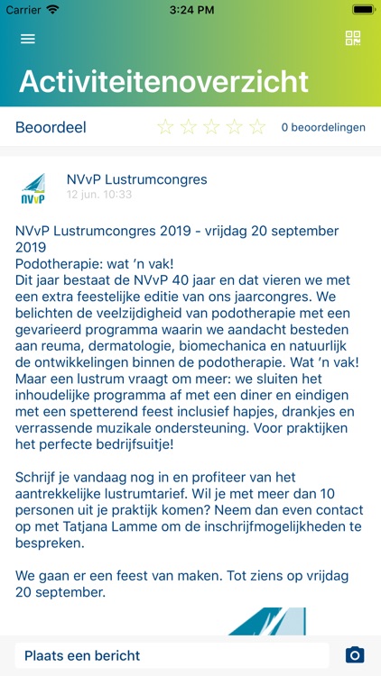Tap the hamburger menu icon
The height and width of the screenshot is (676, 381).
coord(28,39)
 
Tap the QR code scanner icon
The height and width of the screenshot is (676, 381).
coord(353,38)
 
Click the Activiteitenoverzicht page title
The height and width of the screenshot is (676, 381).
coord(163,81)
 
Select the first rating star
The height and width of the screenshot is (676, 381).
coord(165,127)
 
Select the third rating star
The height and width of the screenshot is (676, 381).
coord(211,127)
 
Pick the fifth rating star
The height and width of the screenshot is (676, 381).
coord(257,127)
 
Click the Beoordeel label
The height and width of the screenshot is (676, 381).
coord(51,127)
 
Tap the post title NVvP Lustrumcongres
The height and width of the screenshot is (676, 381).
coord(136,179)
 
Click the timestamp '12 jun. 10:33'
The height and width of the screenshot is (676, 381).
coord(99,195)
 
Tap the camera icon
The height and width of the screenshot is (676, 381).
coord(355,655)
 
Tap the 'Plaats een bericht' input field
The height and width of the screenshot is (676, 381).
coord(172,655)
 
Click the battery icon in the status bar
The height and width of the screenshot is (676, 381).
coord(364,9)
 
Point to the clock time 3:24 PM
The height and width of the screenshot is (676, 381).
coord(190,9)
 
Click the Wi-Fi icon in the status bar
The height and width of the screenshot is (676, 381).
coord(52,9)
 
